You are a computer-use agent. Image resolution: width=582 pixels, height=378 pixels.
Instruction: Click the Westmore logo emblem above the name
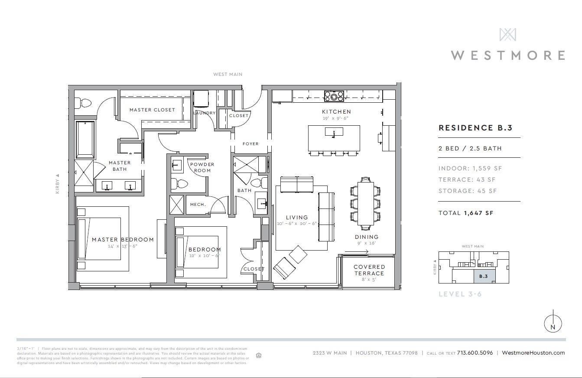pyautogui.click(x=507, y=35)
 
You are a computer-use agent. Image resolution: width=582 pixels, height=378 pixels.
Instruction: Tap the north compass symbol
pyautogui.click(x=553, y=323)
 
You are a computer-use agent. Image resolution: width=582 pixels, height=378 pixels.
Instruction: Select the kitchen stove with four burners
pyautogui.click(x=334, y=96)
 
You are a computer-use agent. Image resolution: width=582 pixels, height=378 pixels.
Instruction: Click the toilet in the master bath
pyautogui.click(x=83, y=103)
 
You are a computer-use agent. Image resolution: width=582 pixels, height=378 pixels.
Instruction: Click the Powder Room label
pyautogui.click(x=202, y=167)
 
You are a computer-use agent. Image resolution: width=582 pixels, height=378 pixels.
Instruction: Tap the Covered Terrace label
pyautogui.click(x=369, y=270)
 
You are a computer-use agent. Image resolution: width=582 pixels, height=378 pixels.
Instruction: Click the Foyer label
pyautogui.click(x=250, y=143)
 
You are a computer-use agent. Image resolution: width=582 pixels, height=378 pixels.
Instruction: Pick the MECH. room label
pyautogui.click(x=198, y=205)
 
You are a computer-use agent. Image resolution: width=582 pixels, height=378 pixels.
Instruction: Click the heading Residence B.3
pyautogui.click(x=475, y=128)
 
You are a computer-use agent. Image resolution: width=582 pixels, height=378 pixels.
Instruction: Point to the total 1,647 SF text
pyautogui.click(x=466, y=213)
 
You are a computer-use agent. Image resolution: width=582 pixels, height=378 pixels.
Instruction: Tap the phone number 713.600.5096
pyautogui.click(x=475, y=353)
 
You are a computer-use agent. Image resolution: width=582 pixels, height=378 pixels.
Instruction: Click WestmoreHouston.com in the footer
pyautogui.click(x=533, y=353)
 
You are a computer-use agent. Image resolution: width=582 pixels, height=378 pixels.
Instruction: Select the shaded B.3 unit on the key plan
pyautogui.click(x=483, y=276)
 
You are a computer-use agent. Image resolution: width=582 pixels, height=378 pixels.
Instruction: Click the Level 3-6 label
pyautogui.click(x=460, y=294)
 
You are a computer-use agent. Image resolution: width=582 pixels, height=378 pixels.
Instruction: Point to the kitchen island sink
pyautogui.click(x=334, y=131)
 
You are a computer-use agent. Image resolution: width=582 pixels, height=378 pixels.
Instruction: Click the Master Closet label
pyautogui.click(x=152, y=110)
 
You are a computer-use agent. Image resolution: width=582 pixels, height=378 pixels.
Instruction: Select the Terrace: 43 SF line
pyautogui.click(x=467, y=179)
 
